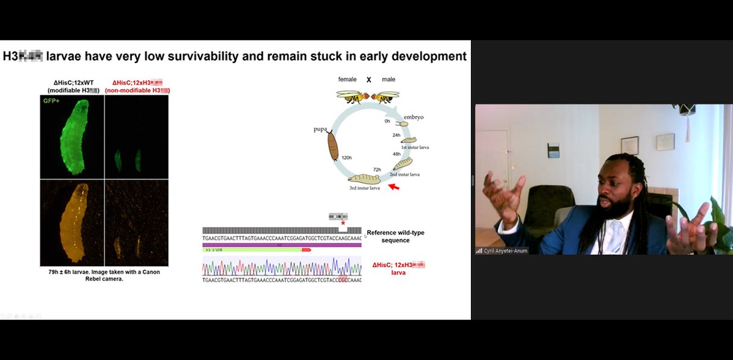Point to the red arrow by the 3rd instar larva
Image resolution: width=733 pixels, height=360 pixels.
[394, 186]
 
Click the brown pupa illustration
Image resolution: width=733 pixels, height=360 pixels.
[333, 145]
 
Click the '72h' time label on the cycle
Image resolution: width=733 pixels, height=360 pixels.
[377, 169]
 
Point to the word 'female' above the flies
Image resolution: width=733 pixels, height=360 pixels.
[348, 79]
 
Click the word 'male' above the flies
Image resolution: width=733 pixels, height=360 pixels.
[388, 79]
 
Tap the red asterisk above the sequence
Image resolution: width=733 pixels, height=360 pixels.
[343, 224]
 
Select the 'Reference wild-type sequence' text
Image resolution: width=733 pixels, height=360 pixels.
[395, 237]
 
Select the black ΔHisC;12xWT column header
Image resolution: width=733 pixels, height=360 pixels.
[73, 86]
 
